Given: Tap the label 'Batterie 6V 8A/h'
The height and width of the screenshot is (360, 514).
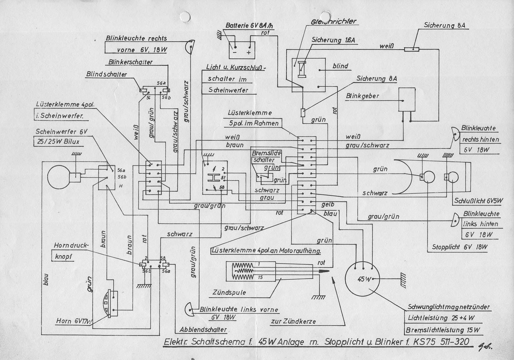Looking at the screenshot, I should [x=249, y=26].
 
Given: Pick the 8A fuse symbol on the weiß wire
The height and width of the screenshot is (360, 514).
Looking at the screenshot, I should [x=411, y=50].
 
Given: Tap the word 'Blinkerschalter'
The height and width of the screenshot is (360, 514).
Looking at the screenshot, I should [x=130, y=62].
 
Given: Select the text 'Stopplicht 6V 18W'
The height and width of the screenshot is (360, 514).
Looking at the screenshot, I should [x=459, y=247].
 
